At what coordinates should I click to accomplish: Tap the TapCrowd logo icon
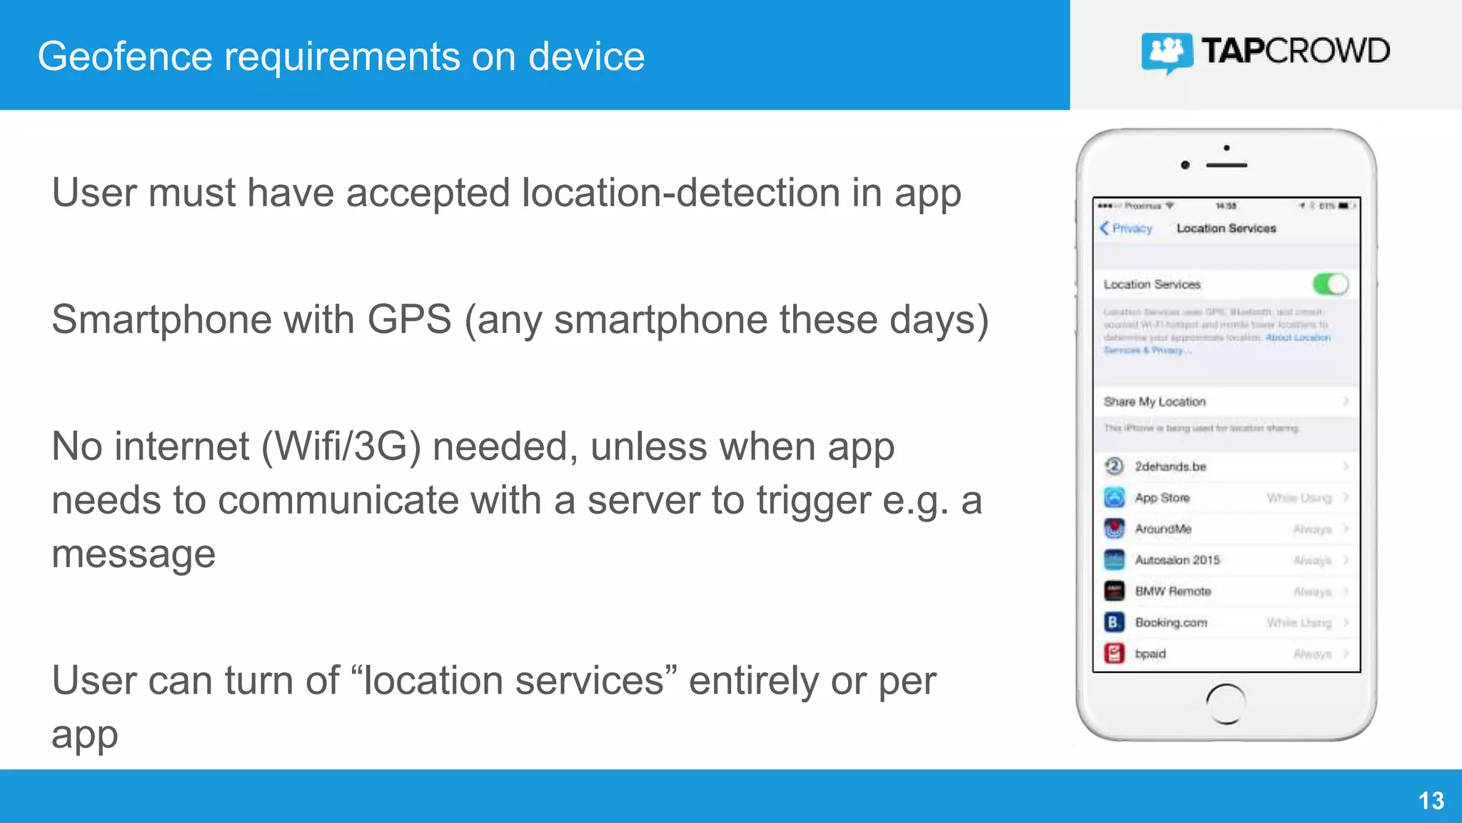(x=1166, y=52)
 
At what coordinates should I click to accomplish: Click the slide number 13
(x=1431, y=801)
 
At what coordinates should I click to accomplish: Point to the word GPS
(x=409, y=319)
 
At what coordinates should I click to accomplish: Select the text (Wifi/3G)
(x=341, y=447)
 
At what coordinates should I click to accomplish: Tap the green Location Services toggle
(x=1330, y=284)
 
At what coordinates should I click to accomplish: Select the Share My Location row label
(x=1154, y=401)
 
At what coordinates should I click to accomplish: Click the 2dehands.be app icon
(x=1114, y=467)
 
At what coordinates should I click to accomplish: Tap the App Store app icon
(x=1114, y=497)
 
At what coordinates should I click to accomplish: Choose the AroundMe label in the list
(x=1163, y=529)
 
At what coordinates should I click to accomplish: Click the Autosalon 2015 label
(x=1177, y=560)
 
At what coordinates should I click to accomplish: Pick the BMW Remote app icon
(x=1114, y=591)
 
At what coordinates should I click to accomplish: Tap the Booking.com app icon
(x=1114, y=622)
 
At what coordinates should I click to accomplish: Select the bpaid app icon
(x=1114, y=654)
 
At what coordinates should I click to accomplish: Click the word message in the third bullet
(x=133, y=554)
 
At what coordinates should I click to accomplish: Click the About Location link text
(x=1297, y=338)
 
